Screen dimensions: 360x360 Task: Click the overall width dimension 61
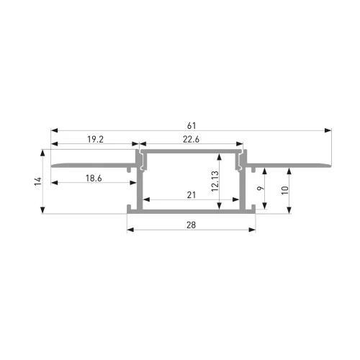[192, 125]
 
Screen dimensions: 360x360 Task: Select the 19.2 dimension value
[95, 139]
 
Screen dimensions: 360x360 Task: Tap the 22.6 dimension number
[191, 139]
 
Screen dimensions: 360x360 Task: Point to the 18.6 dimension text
[94, 178]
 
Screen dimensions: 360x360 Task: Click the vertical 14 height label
[38, 181]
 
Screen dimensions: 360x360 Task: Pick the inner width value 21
[192, 195]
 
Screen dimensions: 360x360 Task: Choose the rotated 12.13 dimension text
[215, 181]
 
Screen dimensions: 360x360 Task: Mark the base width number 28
[191, 225]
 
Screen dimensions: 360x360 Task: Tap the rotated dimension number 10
[285, 190]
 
